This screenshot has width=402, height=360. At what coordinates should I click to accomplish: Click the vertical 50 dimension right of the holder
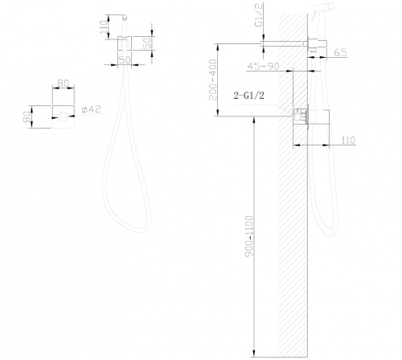[147, 43]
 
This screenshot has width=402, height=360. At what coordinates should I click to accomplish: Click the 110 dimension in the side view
[348, 141]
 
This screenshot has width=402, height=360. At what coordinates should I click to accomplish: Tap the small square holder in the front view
[125, 43]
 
